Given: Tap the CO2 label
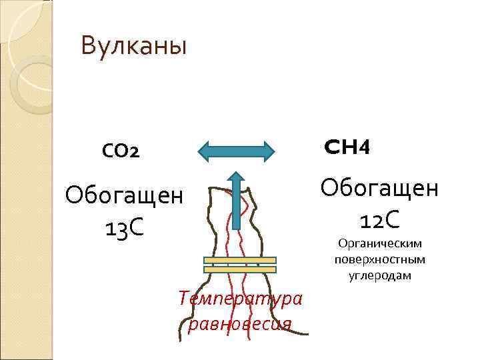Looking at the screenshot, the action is pyautogui.click(x=121, y=152).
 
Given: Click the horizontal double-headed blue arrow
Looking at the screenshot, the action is pyautogui.click(x=237, y=151).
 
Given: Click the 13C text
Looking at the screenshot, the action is pyautogui.click(x=124, y=229).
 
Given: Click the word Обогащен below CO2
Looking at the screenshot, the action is pyautogui.click(x=124, y=197).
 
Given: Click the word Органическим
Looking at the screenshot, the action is pyautogui.click(x=379, y=244).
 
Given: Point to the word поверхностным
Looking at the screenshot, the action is pyautogui.click(x=379, y=259).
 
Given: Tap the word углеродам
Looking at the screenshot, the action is pyautogui.click(x=379, y=275).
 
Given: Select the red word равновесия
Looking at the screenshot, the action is pyautogui.click(x=241, y=324).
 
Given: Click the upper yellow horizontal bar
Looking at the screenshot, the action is pyautogui.click(x=239, y=260).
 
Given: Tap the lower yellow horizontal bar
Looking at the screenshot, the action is pyautogui.click(x=239, y=269).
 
